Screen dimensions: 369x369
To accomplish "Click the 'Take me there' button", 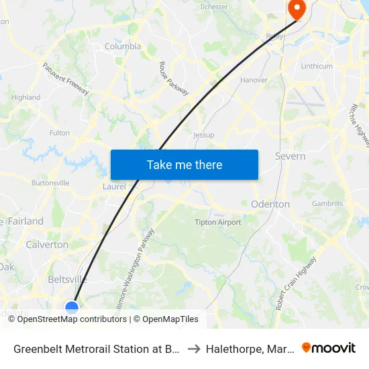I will coord(184,164).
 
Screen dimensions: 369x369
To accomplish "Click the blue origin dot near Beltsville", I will coord(72,307).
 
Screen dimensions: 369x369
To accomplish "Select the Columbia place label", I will coord(123,46).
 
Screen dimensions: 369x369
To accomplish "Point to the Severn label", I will coord(290,156).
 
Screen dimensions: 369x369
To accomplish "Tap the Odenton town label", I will coord(270,204).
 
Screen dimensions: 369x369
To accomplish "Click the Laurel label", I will coord(114,187).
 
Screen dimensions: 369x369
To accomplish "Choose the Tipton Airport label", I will coord(218,222).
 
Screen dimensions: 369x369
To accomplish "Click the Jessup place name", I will coord(203,135).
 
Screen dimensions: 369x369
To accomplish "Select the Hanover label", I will coord(254,80).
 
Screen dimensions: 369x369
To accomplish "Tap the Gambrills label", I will coord(327,203).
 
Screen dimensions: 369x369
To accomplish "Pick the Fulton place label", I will coord(60,133).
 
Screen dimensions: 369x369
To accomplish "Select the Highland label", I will coord(26,97).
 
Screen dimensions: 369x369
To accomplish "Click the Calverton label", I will coord(47,245).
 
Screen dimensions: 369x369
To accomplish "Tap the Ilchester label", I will coord(214,7).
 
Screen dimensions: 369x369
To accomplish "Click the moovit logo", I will coord(329,348).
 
